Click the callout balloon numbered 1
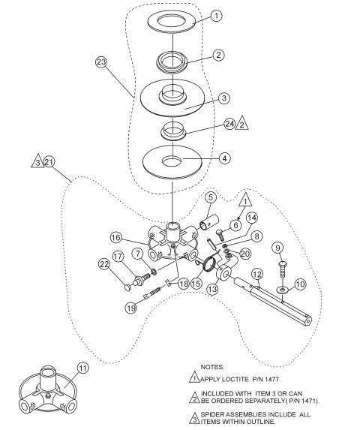click(x=216, y=14)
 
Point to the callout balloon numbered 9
click(x=277, y=248)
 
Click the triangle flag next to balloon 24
click(x=242, y=125)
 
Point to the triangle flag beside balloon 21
click(x=37, y=161)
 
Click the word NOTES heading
click(x=214, y=366)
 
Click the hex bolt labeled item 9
click(x=280, y=270)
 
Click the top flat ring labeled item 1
click(x=174, y=21)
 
